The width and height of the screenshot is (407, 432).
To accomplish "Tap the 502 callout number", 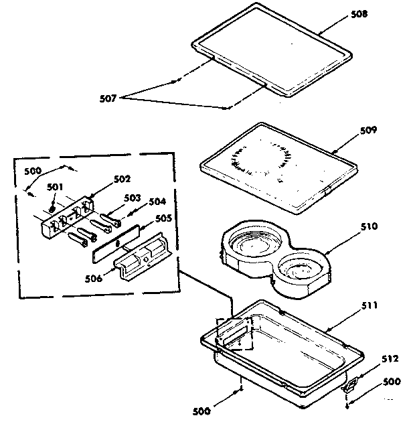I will [123, 179].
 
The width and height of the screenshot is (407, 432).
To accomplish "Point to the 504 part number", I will [157, 202].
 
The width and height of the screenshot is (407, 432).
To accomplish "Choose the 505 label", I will [164, 218].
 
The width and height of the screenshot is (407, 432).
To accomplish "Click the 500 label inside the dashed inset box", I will [33, 171].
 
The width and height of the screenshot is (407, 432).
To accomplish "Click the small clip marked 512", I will [349, 385].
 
